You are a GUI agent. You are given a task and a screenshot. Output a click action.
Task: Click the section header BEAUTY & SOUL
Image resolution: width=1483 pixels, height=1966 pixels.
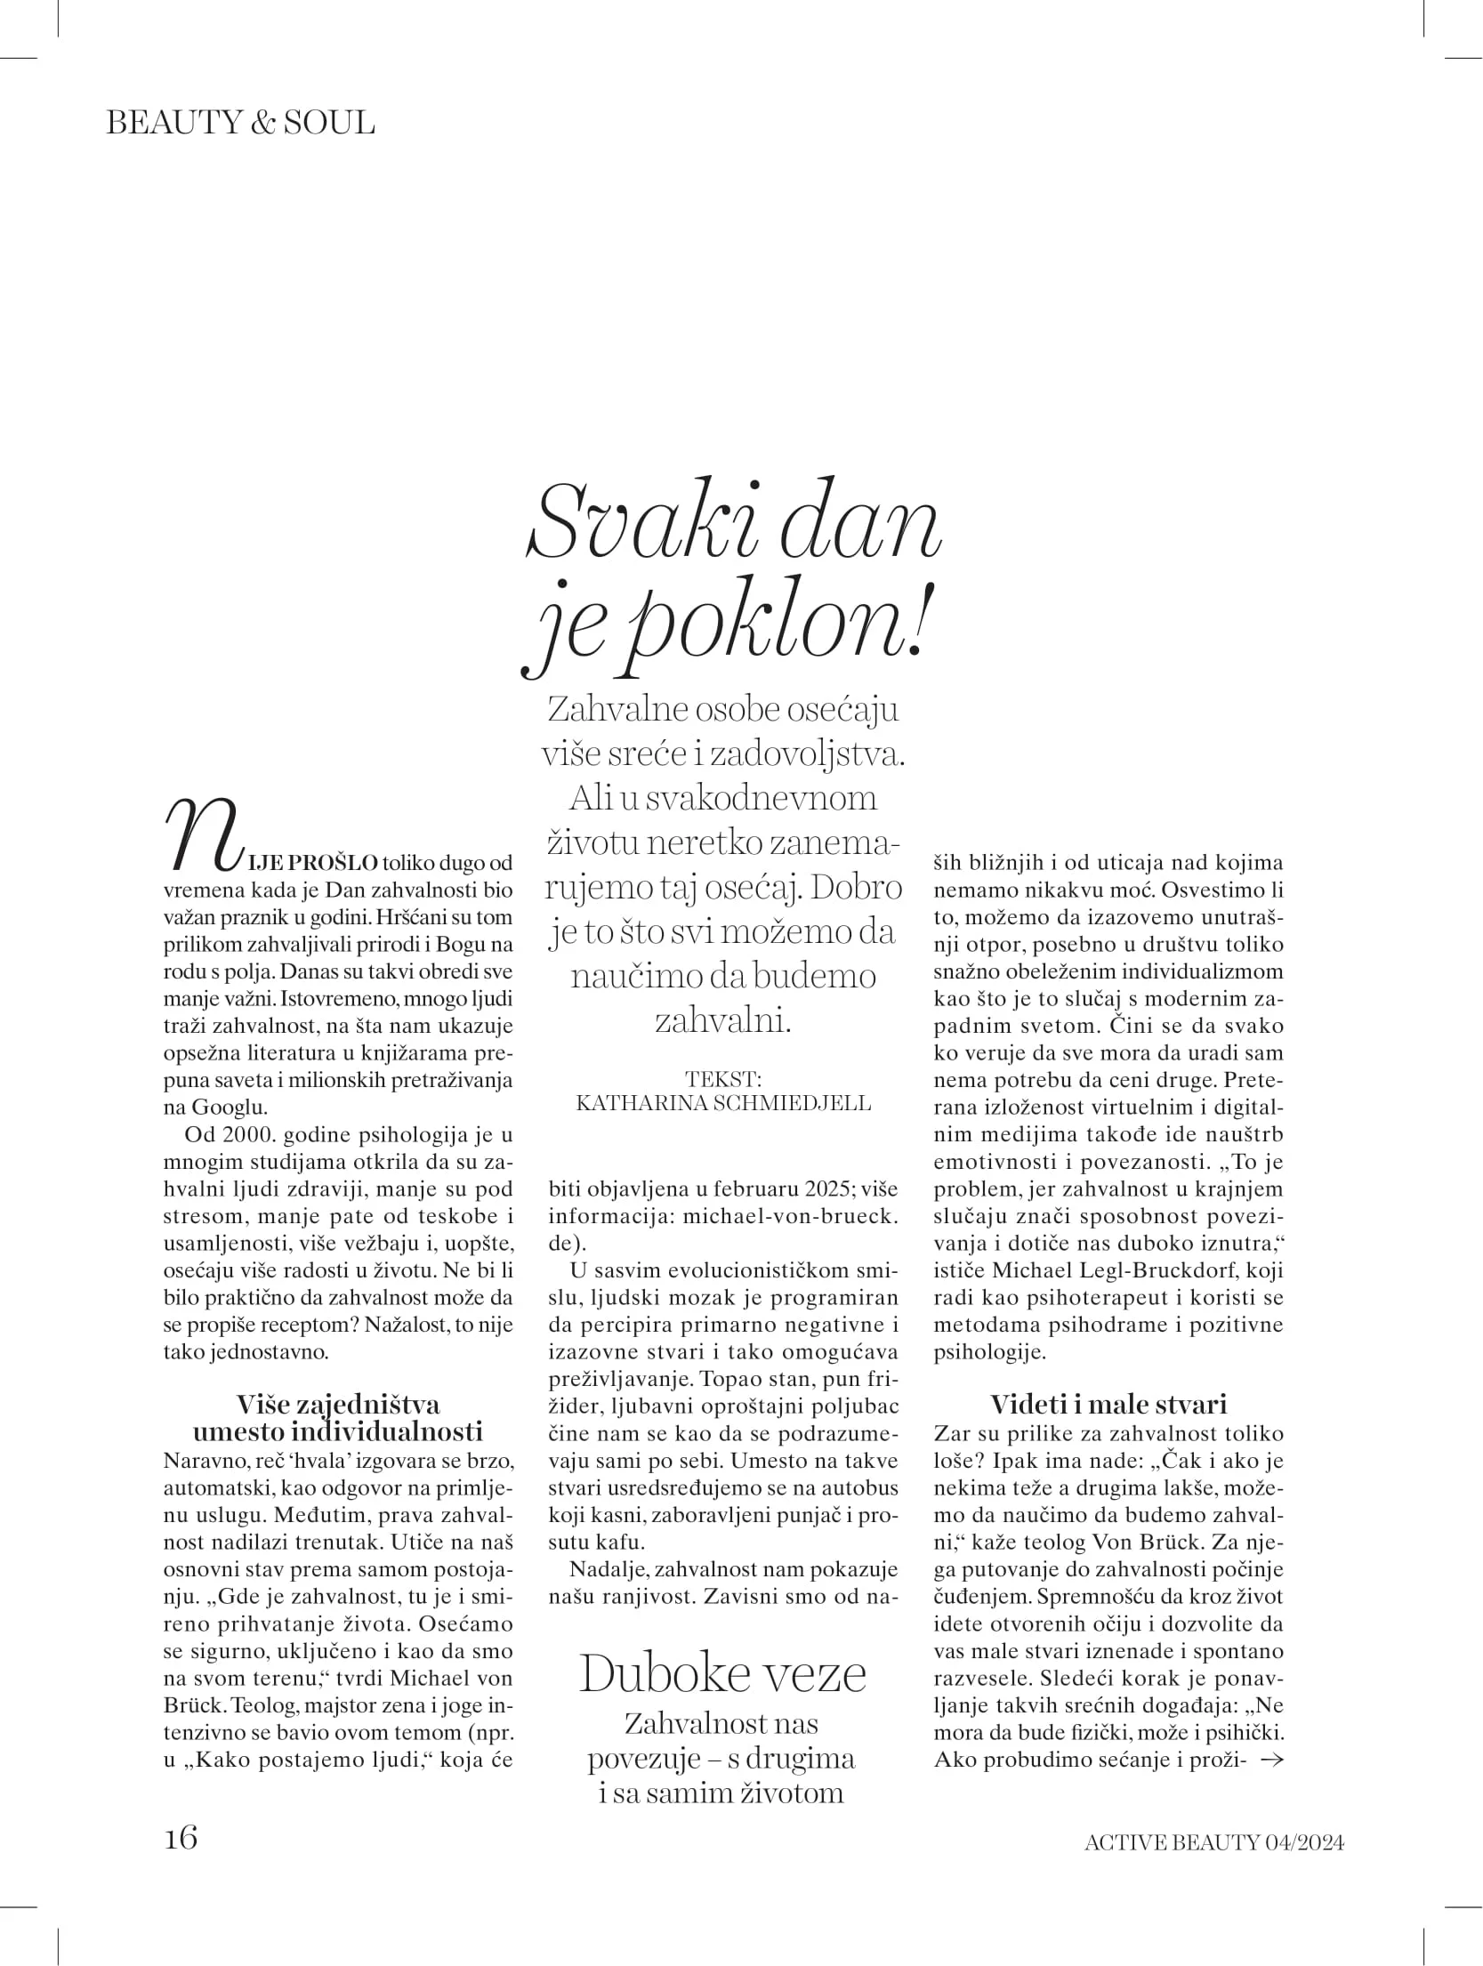coord(240,123)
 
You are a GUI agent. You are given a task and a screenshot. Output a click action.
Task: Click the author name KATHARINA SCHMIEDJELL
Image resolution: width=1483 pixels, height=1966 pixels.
coord(723,1103)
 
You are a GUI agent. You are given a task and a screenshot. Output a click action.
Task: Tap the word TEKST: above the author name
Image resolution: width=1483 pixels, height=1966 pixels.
coord(723,1079)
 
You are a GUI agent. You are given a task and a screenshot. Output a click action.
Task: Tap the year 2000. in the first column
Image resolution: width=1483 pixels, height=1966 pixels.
coord(236,1135)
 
